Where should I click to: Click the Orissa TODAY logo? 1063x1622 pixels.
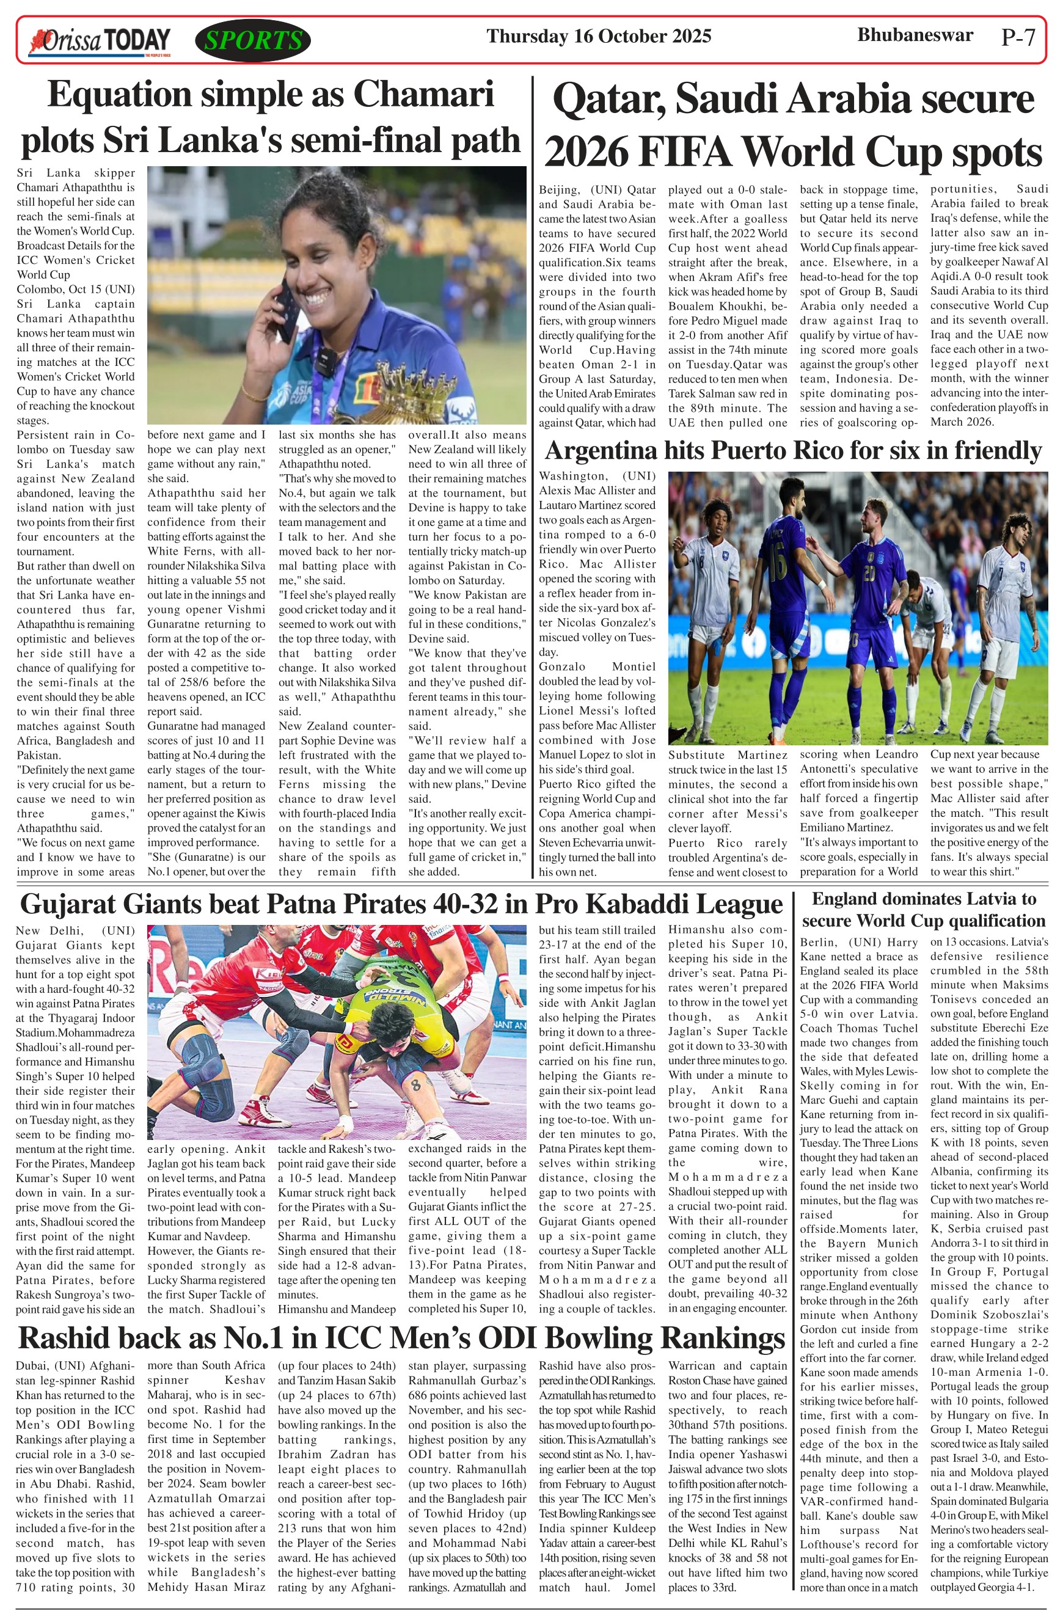pos(99,41)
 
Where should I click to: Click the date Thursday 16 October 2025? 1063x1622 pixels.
pos(598,36)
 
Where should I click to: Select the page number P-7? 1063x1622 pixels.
pos(1018,37)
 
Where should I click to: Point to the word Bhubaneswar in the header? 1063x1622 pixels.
pos(915,35)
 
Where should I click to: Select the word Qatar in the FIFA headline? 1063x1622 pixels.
pos(609,100)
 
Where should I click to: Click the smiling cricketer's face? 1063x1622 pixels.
pos(327,252)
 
